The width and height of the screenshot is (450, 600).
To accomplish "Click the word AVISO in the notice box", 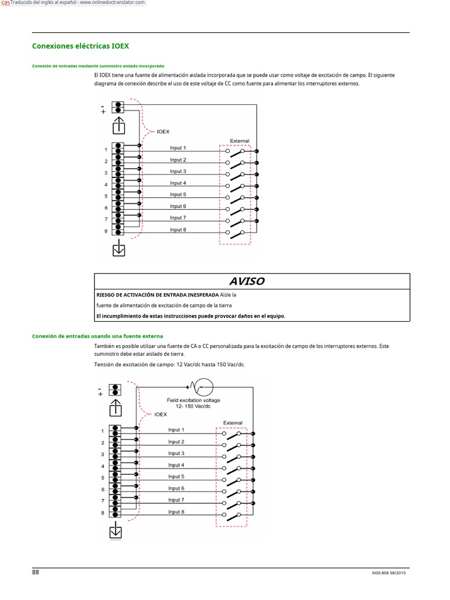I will pyautogui.click(x=247, y=281).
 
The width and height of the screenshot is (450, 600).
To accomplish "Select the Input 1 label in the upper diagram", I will pyautogui.click(x=178, y=148).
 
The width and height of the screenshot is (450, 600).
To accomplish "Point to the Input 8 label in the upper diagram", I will pyautogui.click(x=178, y=230).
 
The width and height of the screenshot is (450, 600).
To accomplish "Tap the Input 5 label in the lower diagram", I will pyautogui.click(x=176, y=476).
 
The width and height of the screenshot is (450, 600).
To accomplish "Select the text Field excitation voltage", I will pyautogui.click(x=193, y=400).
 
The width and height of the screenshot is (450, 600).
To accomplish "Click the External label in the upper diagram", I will pyautogui.click(x=239, y=141).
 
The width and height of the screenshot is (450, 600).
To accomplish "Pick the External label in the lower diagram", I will pyautogui.click(x=233, y=422).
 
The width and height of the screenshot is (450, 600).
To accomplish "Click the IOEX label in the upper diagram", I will pyautogui.click(x=163, y=132).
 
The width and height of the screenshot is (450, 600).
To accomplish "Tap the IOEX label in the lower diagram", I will pyautogui.click(x=161, y=414).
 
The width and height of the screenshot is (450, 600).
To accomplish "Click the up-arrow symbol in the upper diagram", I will pyautogui.click(x=119, y=125).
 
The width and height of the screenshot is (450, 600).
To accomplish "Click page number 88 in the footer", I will pyautogui.click(x=35, y=572).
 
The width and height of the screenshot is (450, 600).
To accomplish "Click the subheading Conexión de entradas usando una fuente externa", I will pyautogui.click(x=97, y=336).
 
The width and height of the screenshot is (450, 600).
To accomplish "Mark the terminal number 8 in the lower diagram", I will pyautogui.click(x=103, y=513).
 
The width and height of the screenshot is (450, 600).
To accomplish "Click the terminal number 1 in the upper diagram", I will pyautogui.click(x=106, y=150).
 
